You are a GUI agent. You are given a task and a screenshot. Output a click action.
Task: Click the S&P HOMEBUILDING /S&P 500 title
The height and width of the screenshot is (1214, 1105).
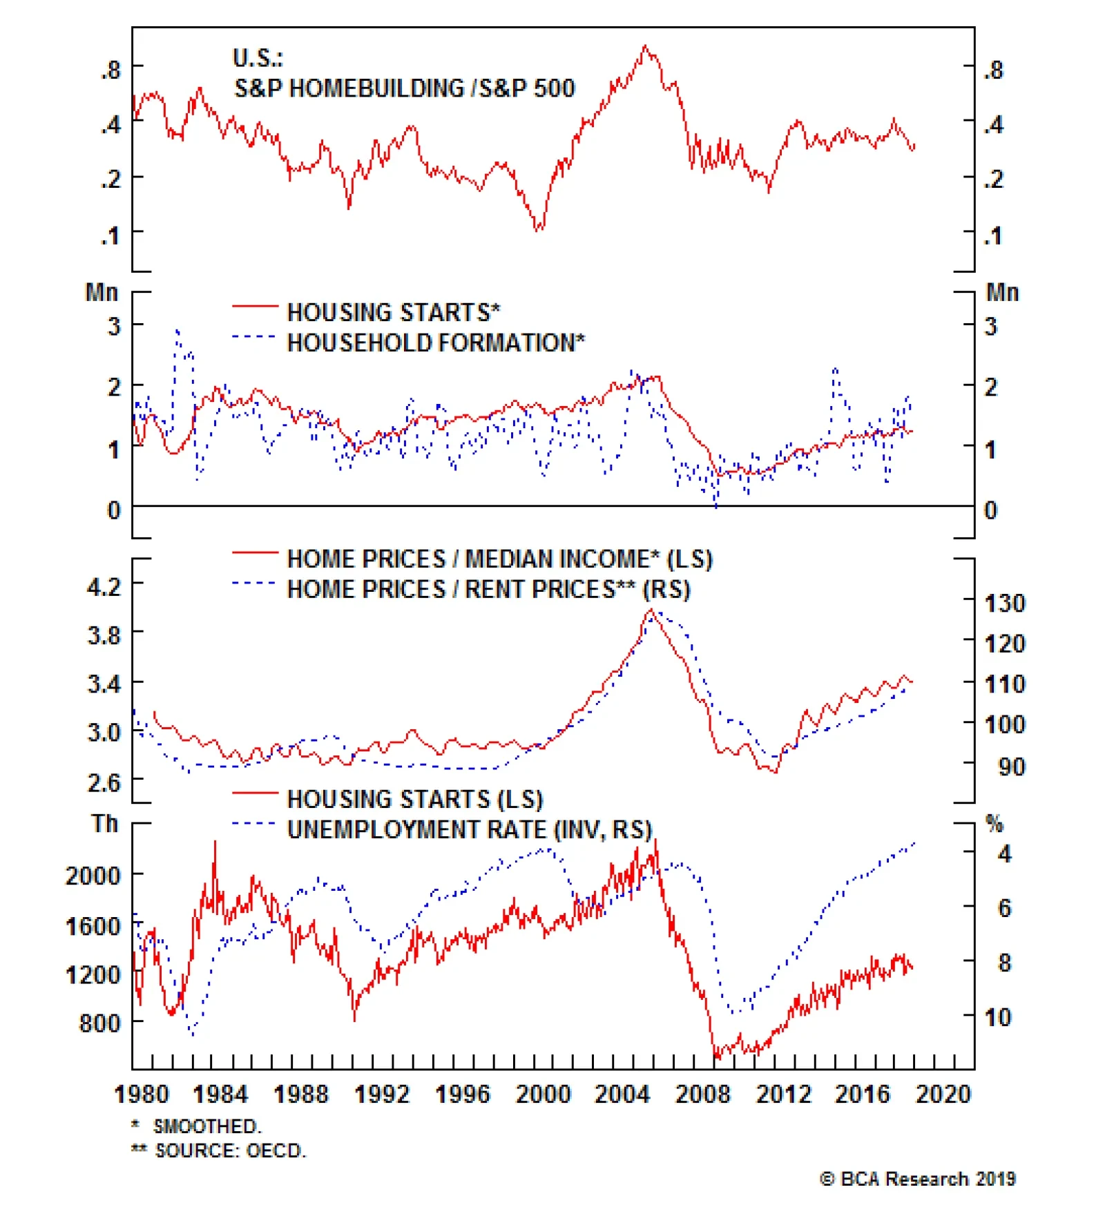click(404, 88)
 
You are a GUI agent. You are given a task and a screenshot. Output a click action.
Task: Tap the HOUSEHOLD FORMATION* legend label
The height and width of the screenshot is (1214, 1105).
click(436, 343)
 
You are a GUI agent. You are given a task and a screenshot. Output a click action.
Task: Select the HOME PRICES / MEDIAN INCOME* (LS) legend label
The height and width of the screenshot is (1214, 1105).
click(499, 559)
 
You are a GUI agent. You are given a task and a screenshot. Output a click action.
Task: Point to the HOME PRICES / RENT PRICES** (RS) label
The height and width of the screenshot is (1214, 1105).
click(488, 589)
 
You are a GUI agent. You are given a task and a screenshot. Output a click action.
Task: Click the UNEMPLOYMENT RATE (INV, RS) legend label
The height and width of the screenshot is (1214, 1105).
click(470, 829)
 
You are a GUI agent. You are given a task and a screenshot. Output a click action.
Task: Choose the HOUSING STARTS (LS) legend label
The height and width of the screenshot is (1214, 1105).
click(415, 799)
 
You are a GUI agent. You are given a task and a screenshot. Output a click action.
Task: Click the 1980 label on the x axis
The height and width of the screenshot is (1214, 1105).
click(141, 1095)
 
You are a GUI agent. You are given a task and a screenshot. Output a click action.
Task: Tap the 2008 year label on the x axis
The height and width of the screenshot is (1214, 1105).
click(702, 1095)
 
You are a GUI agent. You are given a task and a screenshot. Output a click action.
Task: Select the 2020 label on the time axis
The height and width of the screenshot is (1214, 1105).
click(943, 1095)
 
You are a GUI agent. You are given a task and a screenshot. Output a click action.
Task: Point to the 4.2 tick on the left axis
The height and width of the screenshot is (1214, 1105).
click(104, 587)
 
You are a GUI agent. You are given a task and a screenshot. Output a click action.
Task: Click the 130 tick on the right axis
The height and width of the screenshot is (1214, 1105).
click(1004, 604)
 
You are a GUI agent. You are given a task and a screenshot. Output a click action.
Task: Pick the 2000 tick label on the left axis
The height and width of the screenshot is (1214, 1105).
click(93, 876)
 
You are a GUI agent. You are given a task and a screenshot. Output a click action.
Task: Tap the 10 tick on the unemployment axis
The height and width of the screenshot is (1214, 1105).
click(997, 1017)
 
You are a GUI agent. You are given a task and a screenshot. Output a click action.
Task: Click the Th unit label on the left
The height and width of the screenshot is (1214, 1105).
click(105, 824)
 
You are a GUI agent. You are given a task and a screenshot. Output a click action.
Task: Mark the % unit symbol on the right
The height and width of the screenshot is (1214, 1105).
click(994, 824)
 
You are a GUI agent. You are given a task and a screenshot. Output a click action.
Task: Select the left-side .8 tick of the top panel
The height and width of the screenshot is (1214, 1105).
click(110, 70)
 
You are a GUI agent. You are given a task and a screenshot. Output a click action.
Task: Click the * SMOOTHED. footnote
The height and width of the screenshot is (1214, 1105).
click(197, 1126)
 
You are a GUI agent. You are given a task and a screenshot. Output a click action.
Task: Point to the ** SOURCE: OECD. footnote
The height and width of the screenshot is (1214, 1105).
click(218, 1150)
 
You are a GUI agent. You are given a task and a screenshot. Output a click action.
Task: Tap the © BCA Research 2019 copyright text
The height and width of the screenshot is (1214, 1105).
click(917, 1179)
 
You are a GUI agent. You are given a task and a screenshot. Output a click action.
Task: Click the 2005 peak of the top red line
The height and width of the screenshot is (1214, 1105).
click(645, 47)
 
